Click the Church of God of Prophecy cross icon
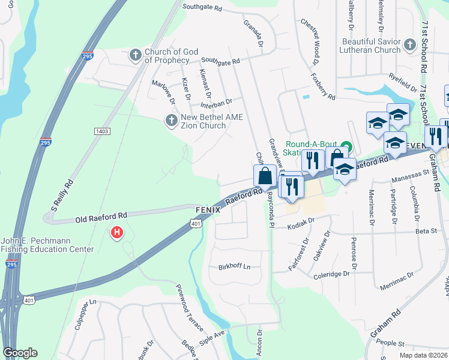pos(135,56)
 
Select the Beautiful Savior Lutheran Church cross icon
pos(409,45)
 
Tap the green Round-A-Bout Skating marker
pos(346,145)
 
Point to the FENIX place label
pos(208,211)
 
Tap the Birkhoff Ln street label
pos(234,266)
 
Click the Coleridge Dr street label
pos(331,274)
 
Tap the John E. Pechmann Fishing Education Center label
pos(47,245)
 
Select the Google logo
pos(20,352)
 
